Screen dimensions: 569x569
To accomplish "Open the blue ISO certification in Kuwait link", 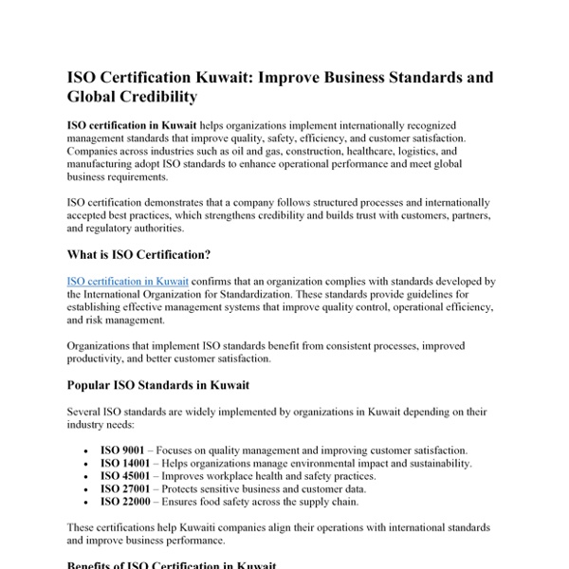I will tap(128, 281).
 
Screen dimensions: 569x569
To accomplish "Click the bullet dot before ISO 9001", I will tap(86, 450).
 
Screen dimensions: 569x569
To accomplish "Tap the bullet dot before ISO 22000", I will tap(86, 504).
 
